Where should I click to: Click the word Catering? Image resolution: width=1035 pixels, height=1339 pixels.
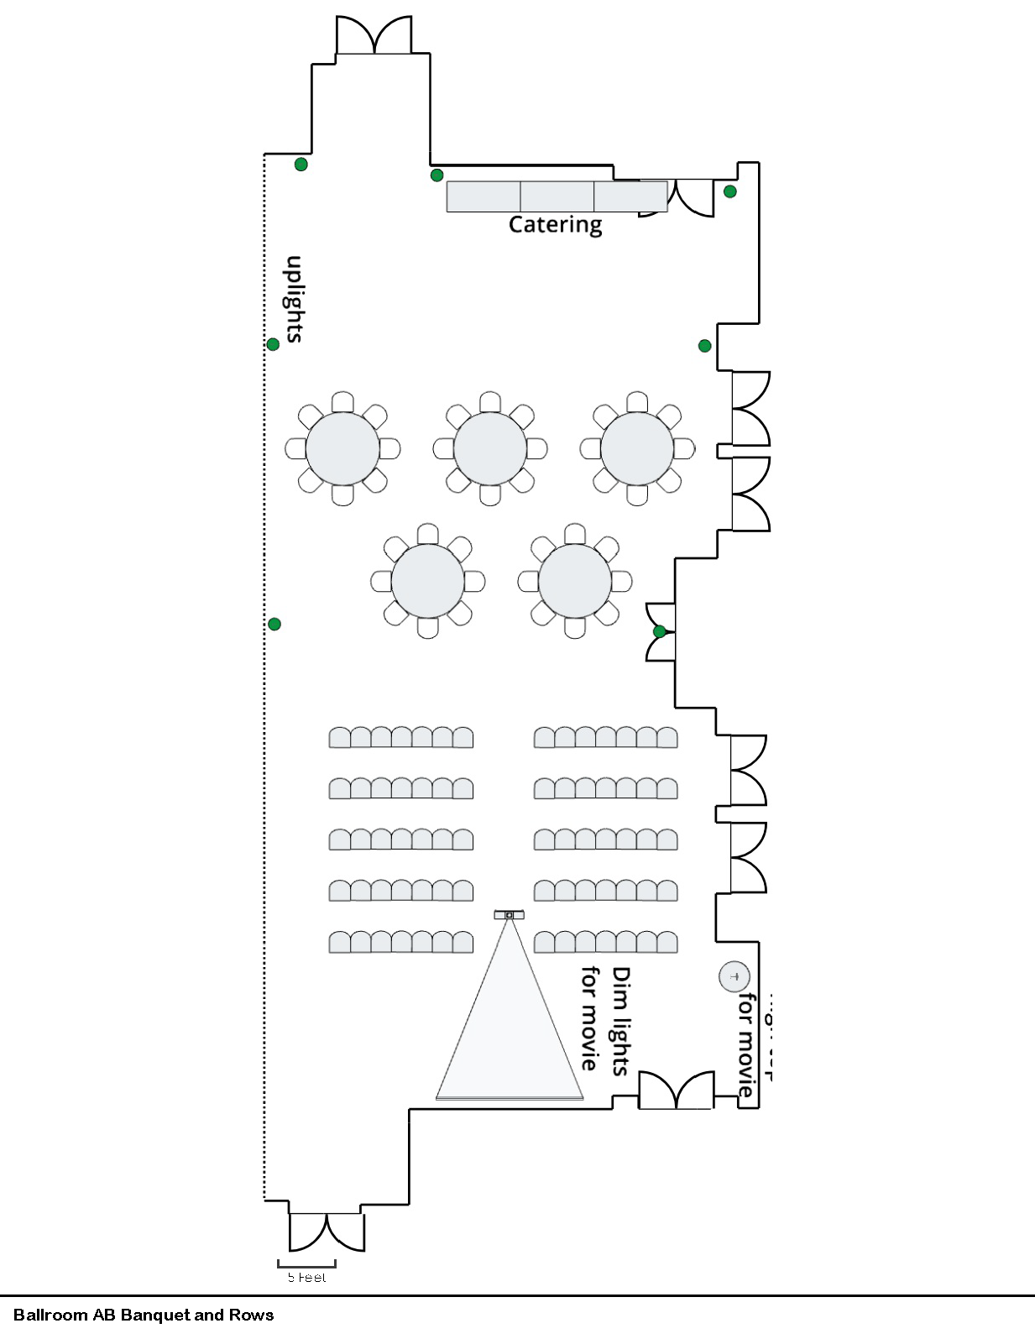click(555, 224)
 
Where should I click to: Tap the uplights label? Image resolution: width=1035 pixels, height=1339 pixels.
click(294, 299)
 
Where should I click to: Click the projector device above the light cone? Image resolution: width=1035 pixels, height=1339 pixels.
click(509, 914)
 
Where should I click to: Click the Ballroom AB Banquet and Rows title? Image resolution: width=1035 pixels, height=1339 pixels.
click(144, 1315)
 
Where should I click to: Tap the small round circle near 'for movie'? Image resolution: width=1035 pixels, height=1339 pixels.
click(734, 976)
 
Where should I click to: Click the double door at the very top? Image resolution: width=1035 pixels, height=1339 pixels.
click(374, 36)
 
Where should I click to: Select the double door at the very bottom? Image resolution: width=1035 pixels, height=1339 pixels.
click(327, 1232)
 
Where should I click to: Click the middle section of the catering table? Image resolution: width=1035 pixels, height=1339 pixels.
click(557, 196)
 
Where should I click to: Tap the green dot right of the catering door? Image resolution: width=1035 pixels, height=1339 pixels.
click(730, 191)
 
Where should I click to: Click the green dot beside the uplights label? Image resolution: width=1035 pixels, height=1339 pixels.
click(273, 344)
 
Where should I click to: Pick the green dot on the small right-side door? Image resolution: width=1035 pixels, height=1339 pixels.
click(660, 631)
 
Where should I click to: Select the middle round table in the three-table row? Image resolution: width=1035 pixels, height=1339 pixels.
click(490, 448)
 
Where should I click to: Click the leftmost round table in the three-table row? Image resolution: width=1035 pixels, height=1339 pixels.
click(342, 448)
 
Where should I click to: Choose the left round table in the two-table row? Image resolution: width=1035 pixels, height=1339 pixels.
click(427, 581)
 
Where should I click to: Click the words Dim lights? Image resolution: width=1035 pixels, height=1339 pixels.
click(620, 1021)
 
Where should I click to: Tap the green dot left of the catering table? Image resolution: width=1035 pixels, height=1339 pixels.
click(436, 175)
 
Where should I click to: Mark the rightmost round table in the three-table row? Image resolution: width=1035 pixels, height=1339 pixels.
click(637, 448)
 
